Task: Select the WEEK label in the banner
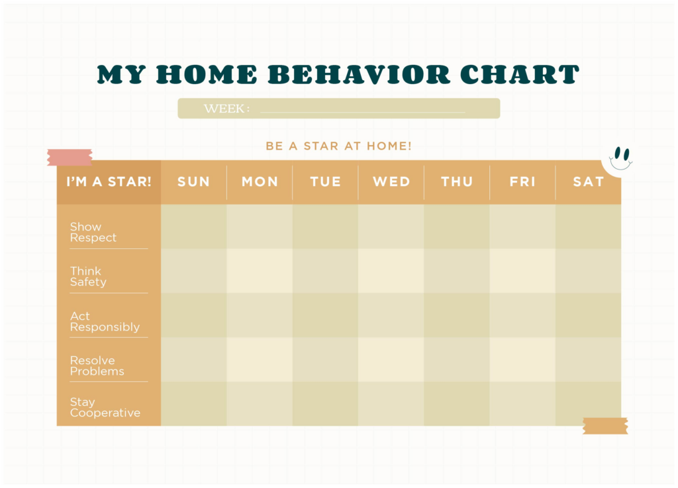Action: coord(226,109)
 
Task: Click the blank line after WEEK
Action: coord(362,111)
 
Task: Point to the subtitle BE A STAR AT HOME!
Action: coord(338,146)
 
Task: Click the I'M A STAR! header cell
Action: coord(109,181)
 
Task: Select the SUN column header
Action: coord(193,181)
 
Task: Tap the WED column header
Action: coord(391,181)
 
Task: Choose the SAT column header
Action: coord(588,181)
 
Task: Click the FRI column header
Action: coord(522,181)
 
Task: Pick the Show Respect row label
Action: coord(93,232)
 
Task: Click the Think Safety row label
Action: coord(88,277)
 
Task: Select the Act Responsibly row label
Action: coord(105,322)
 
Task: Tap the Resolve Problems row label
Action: coord(97,366)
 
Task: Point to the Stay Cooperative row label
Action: coord(105,407)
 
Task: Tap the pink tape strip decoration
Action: coord(70,157)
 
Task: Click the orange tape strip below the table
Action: coord(605,426)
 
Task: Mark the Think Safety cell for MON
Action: coord(260,271)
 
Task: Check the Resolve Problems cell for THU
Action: coord(457,360)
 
